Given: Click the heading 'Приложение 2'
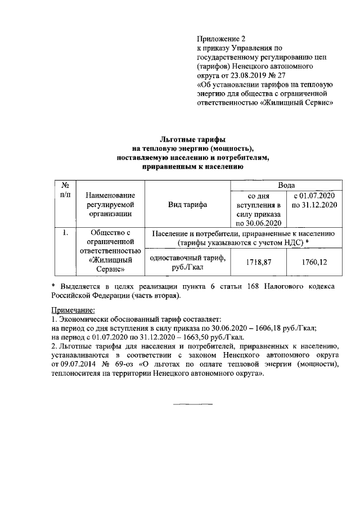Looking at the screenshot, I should pyautogui.click(x=221, y=39).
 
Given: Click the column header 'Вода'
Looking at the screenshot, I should pyautogui.click(x=286, y=185).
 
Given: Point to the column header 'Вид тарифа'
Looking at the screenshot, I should pyautogui.click(x=187, y=205).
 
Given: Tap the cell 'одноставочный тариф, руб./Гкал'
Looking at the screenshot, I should pyautogui.click(x=187, y=262).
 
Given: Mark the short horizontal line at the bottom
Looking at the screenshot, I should pyautogui.click(x=192, y=404).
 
